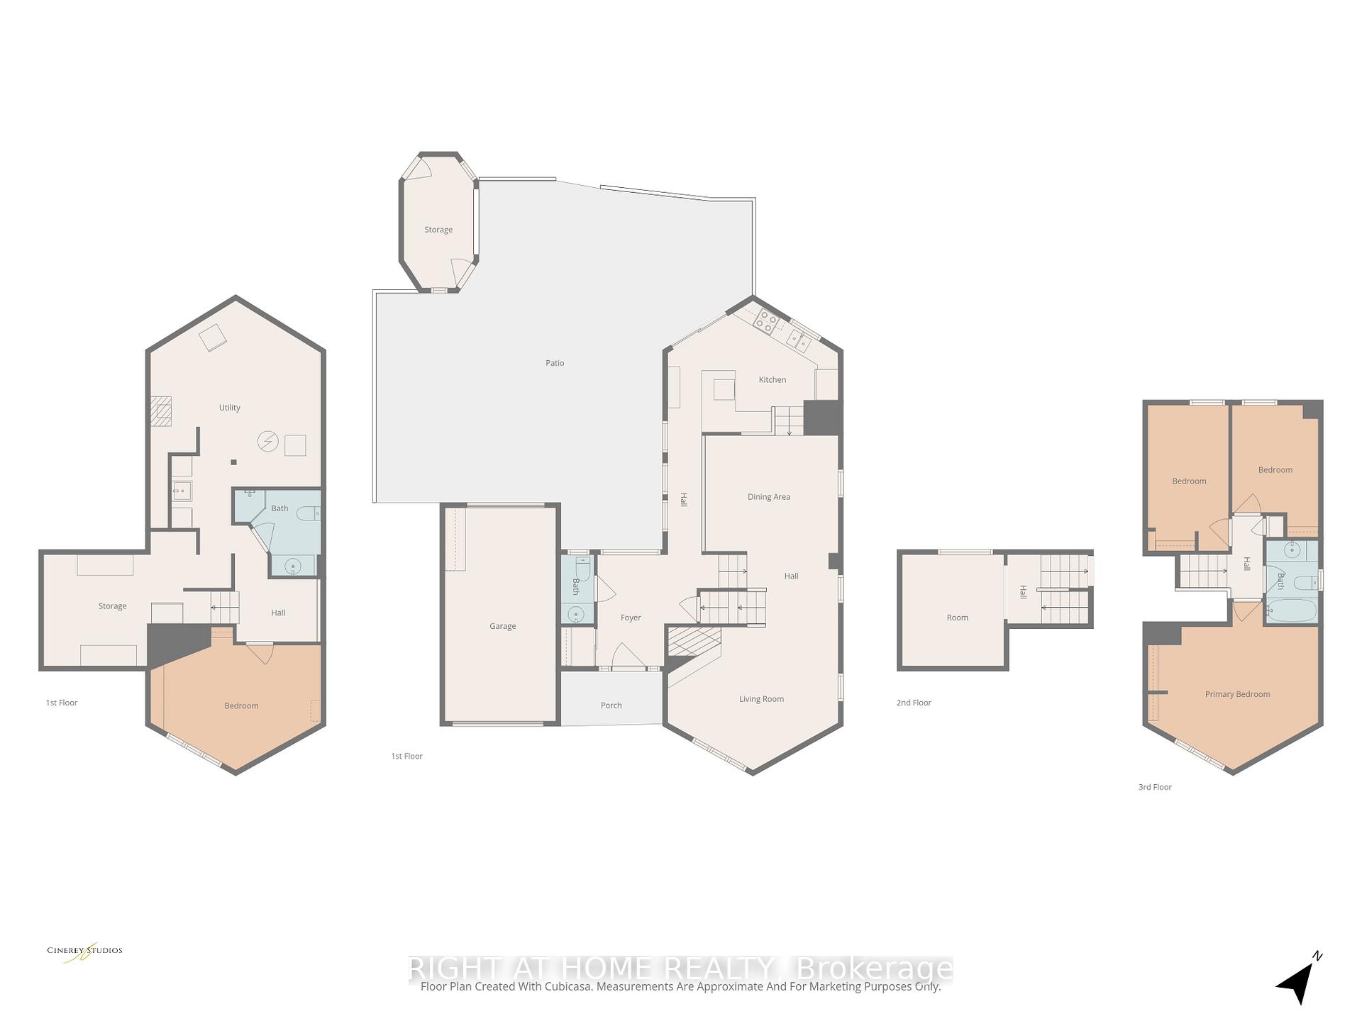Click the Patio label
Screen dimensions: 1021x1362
click(x=555, y=363)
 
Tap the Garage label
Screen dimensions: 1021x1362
click(x=502, y=626)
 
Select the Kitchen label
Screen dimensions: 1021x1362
click(x=773, y=380)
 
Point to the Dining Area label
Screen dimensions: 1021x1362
click(x=768, y=497)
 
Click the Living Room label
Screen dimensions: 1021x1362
click(x=761, y=699)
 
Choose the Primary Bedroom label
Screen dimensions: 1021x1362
click(x=1237, y=694)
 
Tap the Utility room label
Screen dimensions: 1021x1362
click(x=229, y=408)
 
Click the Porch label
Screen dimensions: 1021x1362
click(x=611, y=705)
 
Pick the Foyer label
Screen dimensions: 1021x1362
click(x=631, y=618)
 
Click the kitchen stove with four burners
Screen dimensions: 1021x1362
click(x=766, y=320)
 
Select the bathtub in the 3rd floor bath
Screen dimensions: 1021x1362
click(x=1291, y=610)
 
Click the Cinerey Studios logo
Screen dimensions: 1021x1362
click(x=84, y=952)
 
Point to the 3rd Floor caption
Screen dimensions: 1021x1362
click(x=1155, y=787)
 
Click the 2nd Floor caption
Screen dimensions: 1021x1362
click(x=914, y=703)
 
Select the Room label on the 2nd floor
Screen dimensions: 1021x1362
click(x=957, y=618)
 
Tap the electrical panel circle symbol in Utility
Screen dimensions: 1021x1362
click(x=267, y=442)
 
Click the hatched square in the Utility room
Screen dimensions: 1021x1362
click(x=161, y=411)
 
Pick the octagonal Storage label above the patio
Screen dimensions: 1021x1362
click(x=438, y=230)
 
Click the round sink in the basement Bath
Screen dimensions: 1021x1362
click(x=292, y=566)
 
